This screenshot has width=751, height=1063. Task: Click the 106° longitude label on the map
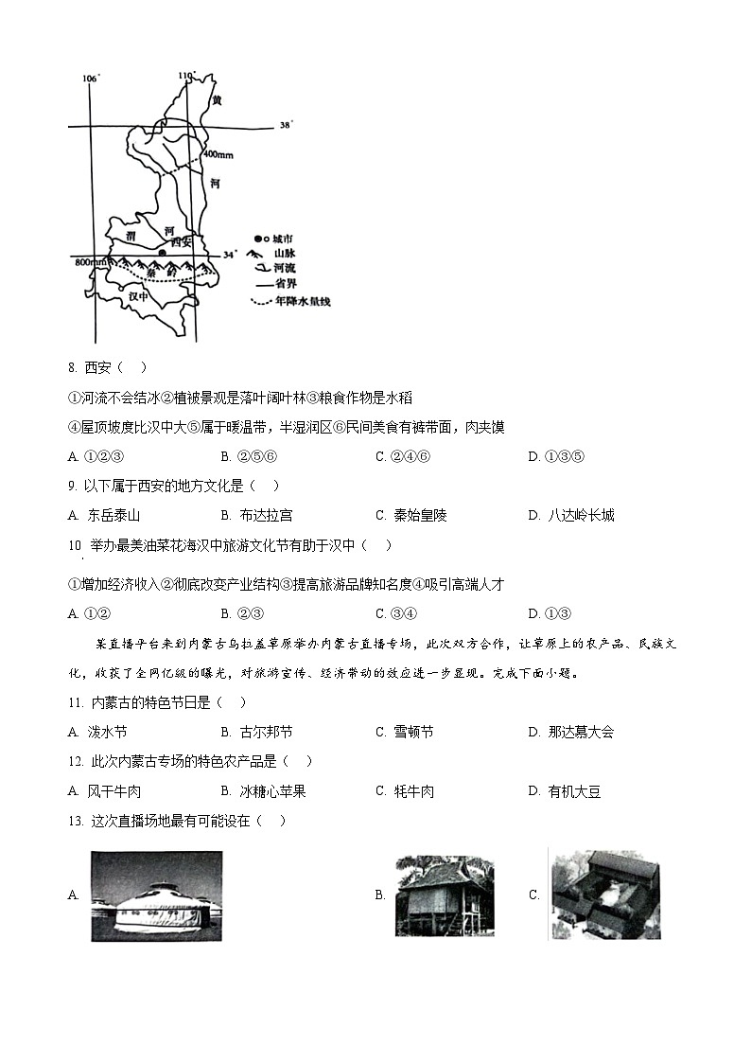[91, 78]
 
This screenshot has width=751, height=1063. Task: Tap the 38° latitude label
[287, 125]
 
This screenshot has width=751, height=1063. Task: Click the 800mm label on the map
[90, 261]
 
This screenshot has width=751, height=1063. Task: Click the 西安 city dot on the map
[162, 253]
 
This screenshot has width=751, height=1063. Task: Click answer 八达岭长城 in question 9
[580, 515]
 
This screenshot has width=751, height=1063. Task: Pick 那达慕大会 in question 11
[580, 732]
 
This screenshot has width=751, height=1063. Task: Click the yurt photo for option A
[157, 895]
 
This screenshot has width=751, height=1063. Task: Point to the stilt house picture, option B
[444, 895]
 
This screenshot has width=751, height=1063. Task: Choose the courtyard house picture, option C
[604, 894]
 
